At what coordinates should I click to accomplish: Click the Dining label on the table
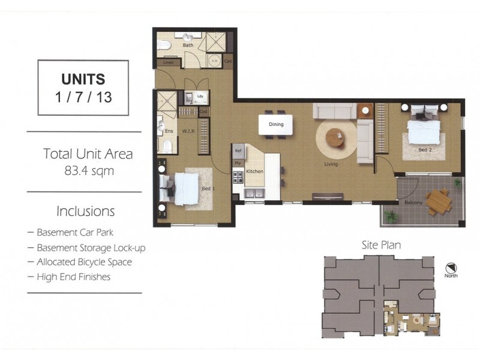[275, 125]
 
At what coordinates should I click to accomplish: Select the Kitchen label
[255, 172]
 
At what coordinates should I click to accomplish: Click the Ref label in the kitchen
[238, 151]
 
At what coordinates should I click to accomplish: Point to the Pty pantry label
[238, 163]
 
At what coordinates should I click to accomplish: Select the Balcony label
[413, 202]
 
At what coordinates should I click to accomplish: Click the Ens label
[169, 131]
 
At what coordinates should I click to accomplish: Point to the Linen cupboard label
[168, 62]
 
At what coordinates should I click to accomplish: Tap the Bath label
[188, 45]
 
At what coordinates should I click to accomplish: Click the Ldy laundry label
[199, 97]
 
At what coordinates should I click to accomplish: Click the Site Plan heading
[381, 245]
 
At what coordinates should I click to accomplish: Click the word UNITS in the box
[83, 79]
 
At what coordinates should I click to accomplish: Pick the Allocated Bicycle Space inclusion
[83, 262]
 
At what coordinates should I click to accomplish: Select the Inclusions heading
[85, 211]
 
